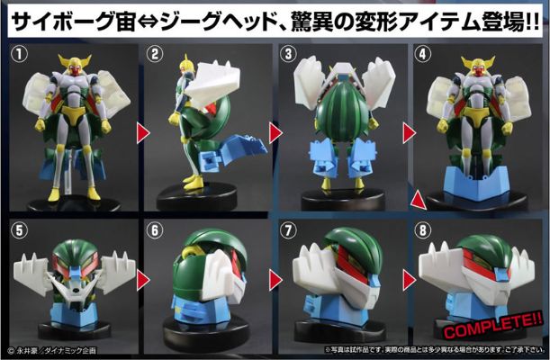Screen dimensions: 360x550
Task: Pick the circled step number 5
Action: [x=17, y=229]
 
